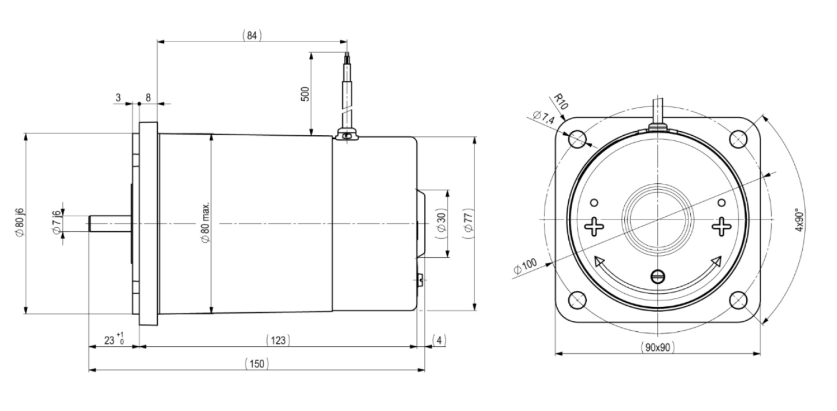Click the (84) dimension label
(x=252, y=35)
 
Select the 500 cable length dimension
(x=305, y=94)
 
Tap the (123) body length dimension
(x=278, y=340)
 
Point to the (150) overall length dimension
(x=257, y=364)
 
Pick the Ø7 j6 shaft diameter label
(x=57, y=223)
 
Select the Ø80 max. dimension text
(x=206, y=223)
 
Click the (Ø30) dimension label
(x=442, y=223)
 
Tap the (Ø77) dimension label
(x=469, y=224)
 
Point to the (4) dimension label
(x=439, y=340)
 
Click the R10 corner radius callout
(x=560, y=101)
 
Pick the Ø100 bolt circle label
(x=525, y=266)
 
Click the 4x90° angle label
(x=799, y=220)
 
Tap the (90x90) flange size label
(x=658, y=347)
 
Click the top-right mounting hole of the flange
(x=738, y=139)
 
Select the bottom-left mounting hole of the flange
(x=577, y=300)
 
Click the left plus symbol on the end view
(x=594, y=227)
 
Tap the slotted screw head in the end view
(x=658, y=277)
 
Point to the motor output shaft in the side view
(x=110, y=224)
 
